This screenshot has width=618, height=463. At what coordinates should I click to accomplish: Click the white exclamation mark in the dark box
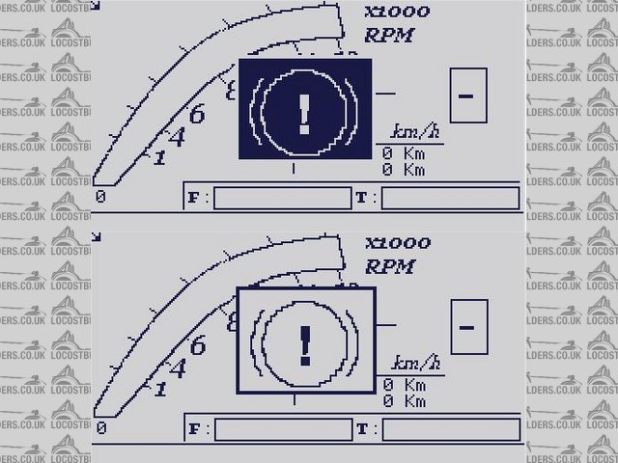(x=305, y=111)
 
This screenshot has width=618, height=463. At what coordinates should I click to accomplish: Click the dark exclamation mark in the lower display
(x=305, y=344)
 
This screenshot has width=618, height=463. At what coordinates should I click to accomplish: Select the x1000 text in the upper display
(x=397, y=14)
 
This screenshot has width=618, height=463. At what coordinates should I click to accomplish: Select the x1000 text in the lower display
(x=397, y=243)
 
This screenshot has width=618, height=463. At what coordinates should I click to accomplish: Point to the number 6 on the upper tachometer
(x=196, y=115)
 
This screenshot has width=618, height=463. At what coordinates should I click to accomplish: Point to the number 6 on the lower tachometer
(x=196, y=346)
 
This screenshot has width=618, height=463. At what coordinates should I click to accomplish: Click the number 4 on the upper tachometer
(x=176, y=137)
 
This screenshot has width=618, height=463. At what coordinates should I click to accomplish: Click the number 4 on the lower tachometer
(x=176, y=368)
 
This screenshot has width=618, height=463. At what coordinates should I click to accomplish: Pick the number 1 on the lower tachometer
(x=159, y=388)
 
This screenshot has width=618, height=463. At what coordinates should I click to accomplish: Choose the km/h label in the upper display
(x=415, y=132)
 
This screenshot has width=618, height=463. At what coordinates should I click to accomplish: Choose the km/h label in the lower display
(x=415, y=364)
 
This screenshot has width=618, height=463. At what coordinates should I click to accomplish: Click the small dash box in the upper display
(x=468, y=95)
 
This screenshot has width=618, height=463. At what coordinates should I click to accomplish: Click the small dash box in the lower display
(x=468, y=326)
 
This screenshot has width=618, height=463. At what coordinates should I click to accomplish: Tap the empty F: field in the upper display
(x=282, y=198)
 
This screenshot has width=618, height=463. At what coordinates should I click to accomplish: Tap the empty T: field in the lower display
(x=451, y=429)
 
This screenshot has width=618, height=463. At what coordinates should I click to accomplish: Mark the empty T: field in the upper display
(x=451, y=198)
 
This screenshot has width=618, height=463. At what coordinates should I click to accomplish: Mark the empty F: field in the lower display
(x=282, y=429)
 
